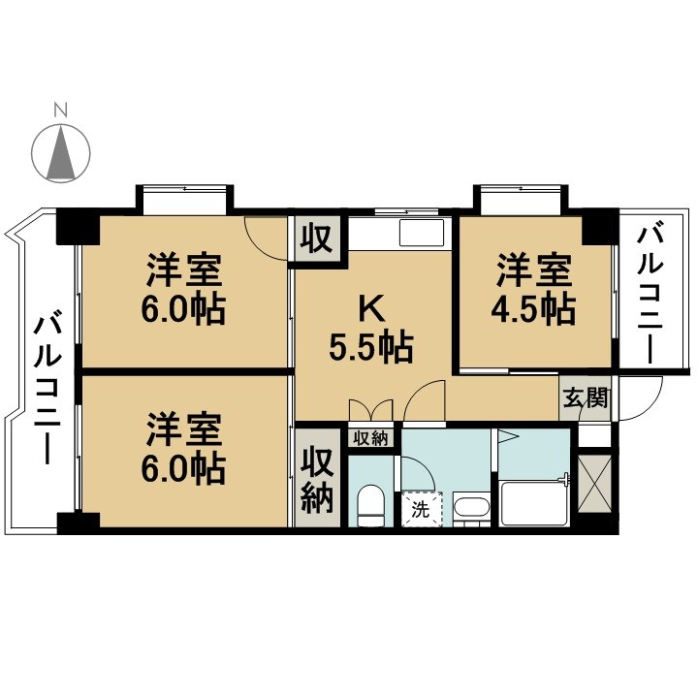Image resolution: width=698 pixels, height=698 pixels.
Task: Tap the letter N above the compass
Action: pos(61,110)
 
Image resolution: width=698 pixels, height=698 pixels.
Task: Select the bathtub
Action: pos(533,501)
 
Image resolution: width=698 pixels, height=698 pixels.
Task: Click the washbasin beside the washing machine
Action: pos(472,509)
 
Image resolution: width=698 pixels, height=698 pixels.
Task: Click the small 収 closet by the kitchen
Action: pos(315,238)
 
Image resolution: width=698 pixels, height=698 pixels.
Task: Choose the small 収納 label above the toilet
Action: pos(370,438)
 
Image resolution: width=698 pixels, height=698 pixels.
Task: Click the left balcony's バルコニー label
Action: pos(45,388)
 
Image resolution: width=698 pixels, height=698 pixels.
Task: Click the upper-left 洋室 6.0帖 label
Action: pos(186,288)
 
